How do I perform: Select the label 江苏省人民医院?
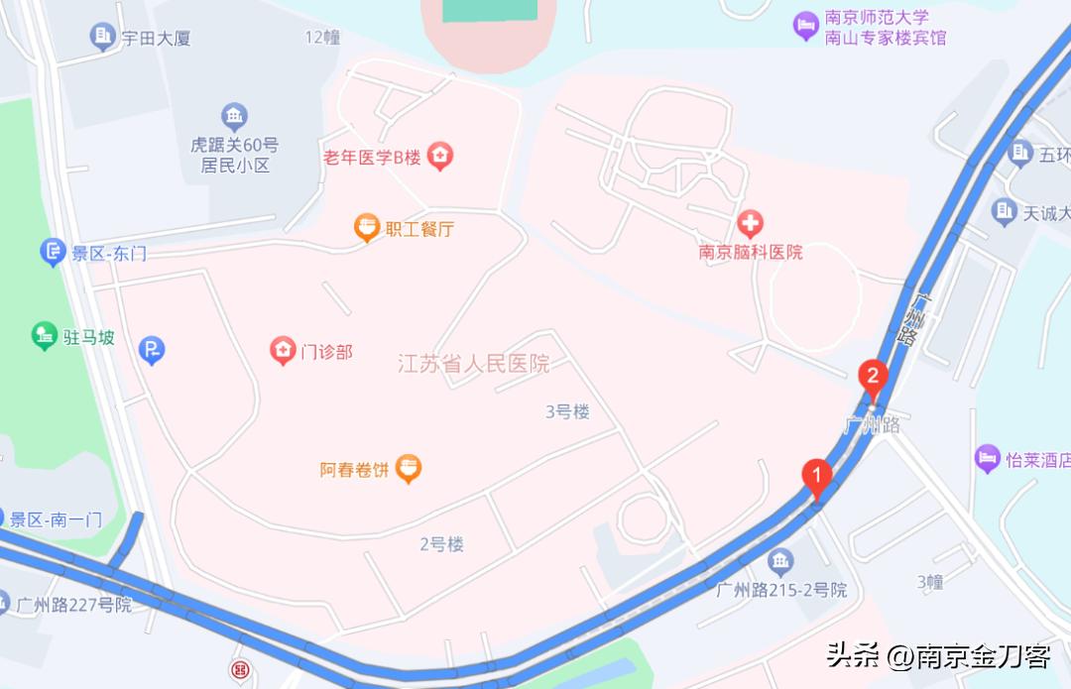point(473,364)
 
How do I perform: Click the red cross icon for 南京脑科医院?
point(751,223)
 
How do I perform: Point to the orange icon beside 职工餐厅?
point(367,229)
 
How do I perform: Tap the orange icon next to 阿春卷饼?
point(408,468)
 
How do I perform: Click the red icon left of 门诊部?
point(283,350)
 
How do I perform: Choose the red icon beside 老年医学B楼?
point(440,156)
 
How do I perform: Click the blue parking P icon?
point(151,349)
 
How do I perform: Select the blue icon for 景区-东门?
point(53,253)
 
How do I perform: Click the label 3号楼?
point(567,411)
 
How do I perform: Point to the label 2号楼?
point(441,544)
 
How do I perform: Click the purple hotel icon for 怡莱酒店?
point(988,459)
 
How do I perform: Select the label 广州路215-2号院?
point(781,590)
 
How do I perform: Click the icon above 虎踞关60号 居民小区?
point(234,118)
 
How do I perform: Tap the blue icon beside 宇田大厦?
point(102,38)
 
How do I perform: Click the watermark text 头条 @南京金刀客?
point(937,655)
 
